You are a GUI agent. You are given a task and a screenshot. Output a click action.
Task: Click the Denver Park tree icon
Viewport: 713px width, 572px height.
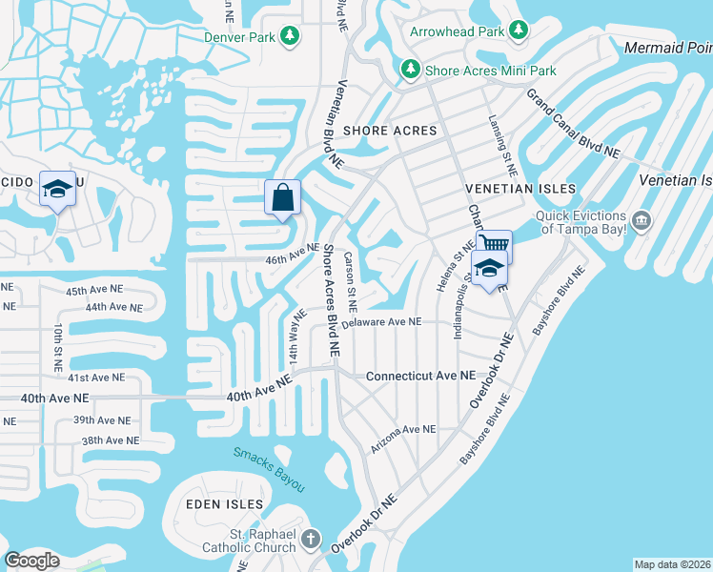coord(289,37)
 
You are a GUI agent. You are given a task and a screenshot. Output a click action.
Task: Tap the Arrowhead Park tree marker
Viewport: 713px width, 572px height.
coord(519,31)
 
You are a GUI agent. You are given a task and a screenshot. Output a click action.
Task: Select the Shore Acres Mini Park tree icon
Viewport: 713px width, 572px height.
coord(410,70)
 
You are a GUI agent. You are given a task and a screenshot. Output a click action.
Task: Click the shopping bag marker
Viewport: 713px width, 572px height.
coord(282,199)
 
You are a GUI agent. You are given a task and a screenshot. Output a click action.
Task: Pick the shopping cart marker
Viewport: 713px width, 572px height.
coord(494,246)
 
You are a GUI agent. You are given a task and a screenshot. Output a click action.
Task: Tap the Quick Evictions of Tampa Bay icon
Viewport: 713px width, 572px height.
coord(642,222)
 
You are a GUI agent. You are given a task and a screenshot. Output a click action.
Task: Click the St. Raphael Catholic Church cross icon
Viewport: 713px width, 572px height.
coord(310,541)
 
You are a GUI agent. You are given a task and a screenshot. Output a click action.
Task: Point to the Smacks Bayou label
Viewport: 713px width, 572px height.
coord(270,469)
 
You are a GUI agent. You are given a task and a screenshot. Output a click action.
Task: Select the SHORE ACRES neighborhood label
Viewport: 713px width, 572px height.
coord(389,131)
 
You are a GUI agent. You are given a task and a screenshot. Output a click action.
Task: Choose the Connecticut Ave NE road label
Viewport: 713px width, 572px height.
coord(420,377)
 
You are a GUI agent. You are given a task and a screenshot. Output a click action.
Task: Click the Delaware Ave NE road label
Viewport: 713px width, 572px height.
coord(381,322)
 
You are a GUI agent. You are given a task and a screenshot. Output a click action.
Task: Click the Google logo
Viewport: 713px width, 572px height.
coord(32,561)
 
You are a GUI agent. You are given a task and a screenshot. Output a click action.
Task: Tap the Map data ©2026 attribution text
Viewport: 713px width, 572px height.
coord(672,564)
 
